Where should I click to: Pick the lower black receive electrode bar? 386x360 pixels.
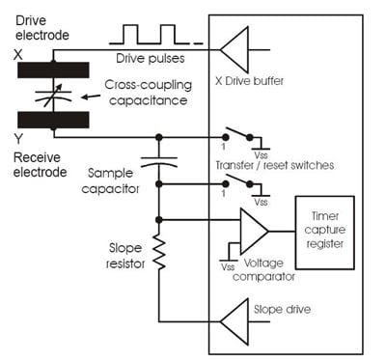coord(53,119)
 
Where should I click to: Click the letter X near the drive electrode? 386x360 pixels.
coord(18,57)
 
